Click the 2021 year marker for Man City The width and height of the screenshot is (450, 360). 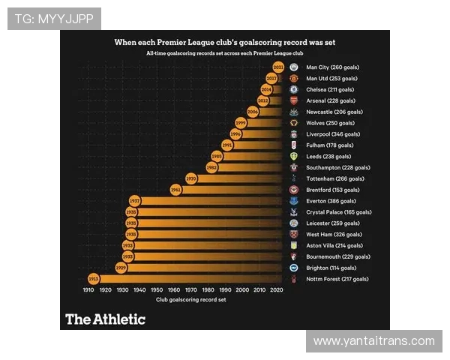click(278, 67)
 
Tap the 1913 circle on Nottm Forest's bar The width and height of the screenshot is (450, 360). click(94, 279)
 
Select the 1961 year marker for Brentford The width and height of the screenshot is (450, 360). click(175, 190)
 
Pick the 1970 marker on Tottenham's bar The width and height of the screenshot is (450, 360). click(191, 178)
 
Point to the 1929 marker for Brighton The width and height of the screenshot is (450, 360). click(121, 268)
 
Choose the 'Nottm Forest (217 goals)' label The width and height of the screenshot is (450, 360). click(337, 279)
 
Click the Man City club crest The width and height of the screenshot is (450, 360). click(294, 67)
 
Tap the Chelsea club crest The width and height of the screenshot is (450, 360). click(294, 89)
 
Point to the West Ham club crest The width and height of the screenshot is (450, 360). click(294, 234)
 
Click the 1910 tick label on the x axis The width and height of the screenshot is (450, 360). click(88, 289)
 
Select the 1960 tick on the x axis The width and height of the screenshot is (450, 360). click(174, 289)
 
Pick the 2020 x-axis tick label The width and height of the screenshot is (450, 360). click(276, 289)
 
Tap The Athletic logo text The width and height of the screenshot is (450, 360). click(105, 319)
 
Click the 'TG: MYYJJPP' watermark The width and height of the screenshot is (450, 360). click(54, 19)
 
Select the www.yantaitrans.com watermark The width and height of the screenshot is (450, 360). click(374, 341)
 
